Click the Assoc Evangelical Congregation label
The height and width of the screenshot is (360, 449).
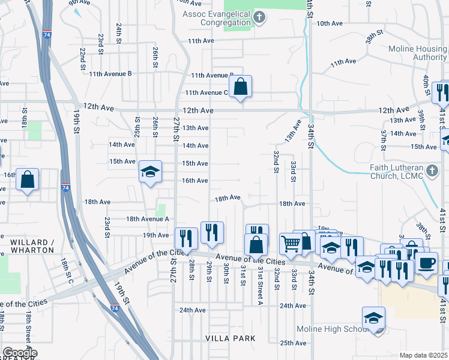pos(217,18)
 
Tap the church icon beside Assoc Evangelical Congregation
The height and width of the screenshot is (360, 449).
pos(259,16)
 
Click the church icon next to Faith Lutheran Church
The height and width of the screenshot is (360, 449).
pos(432,172)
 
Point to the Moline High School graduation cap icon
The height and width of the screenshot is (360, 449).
pos(373,318)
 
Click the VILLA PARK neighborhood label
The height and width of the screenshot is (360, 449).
pos(231,338)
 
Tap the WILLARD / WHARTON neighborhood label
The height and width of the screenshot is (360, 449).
pos(32,246)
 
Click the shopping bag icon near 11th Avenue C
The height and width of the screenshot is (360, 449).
pos(240,86)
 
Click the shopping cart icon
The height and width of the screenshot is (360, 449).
pos(291,244)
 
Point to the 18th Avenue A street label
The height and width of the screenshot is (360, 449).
pos(147,220)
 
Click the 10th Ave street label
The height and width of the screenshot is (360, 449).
pos(329,23)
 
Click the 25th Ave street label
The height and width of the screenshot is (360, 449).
pos(294,343)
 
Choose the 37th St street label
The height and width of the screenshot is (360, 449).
pos(383,139)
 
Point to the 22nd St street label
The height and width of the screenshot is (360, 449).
pos(82,59)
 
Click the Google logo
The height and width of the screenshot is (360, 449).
pos(20,353)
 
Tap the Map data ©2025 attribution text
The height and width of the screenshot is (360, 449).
pos(423,355)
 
